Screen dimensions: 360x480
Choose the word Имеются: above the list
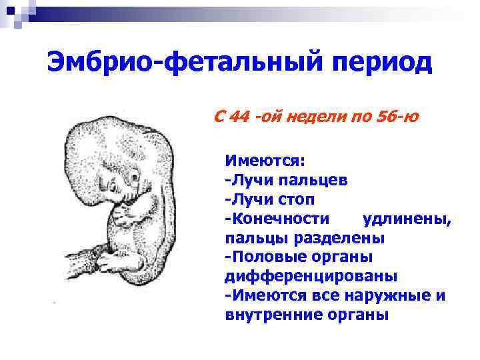265,160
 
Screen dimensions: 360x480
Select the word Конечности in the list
280,218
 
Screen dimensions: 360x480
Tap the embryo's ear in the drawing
135,177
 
